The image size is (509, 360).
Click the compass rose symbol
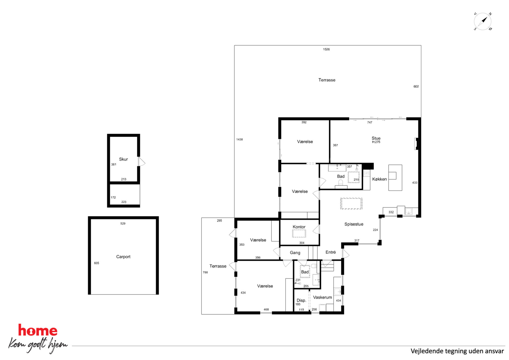[483, 21]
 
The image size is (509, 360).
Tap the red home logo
[38, 330]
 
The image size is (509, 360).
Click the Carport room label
[123, 257]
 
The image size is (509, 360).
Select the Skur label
[123, 159]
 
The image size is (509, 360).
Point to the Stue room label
[376, 138]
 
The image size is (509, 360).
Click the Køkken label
[379, 179]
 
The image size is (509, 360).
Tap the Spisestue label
[354, 224]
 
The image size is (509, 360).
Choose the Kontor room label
[299, 227]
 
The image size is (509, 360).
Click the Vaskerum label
[322, 297]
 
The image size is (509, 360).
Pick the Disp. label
[301, 300]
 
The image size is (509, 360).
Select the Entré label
[331, 252]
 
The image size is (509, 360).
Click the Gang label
[295, 253]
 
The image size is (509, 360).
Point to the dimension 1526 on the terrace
[326, 49]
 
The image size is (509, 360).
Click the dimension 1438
[239, 139]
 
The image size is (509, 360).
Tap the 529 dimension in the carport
[123, 223]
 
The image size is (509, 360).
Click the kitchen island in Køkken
[395, 178]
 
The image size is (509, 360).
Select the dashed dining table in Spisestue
[351, 203]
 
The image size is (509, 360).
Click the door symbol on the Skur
[142, 161]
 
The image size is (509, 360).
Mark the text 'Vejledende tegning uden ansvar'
[457, 351]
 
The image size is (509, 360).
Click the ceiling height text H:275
[376, 142]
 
